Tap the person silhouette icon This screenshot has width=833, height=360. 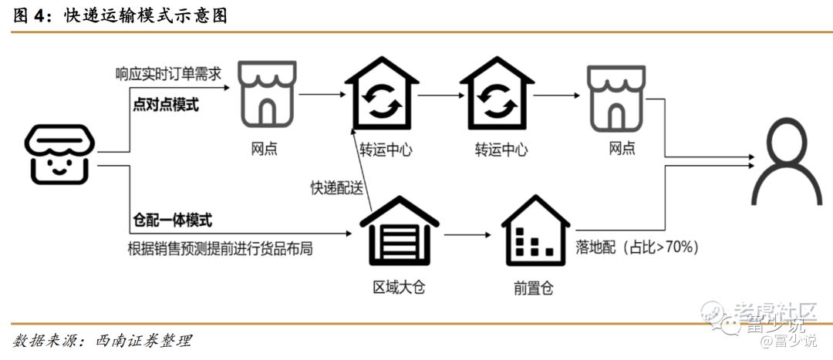click(x=792, y=165)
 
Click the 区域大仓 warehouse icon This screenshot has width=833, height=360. click(x=399, y=232)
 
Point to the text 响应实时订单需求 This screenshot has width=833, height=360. click(x=168, y=74)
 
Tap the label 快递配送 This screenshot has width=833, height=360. click(x=336, y=187)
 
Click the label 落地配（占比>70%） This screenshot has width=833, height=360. click(x=638, y=247)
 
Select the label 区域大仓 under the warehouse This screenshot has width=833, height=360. click(x=399, y=288)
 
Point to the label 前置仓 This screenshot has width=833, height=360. click(x=533, y=288)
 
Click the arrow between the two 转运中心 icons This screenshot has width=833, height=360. click(x=439, y=96)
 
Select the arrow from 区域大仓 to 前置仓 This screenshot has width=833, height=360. click(x=467, y=234)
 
